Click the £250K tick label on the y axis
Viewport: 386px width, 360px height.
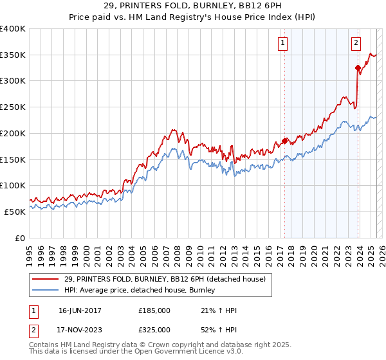coord(13,107)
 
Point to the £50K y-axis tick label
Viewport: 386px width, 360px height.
coord(15,211)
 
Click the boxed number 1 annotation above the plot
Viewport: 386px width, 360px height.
coord(283,43)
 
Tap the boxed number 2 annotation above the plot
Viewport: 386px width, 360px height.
coord(356,43)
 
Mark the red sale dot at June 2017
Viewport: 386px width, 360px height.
coord(284,141)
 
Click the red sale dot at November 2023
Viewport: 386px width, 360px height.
coord(358,67)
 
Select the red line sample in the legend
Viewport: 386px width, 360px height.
coord(46,278)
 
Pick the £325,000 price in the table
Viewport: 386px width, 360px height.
coord(154,329)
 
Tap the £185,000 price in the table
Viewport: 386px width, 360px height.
coord(154,310)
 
